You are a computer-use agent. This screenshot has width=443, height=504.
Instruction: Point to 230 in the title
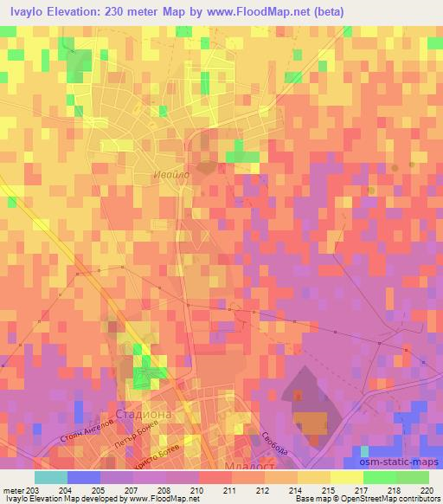click(121, 12)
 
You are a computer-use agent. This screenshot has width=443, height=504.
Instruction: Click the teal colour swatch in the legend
click(50, 477)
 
